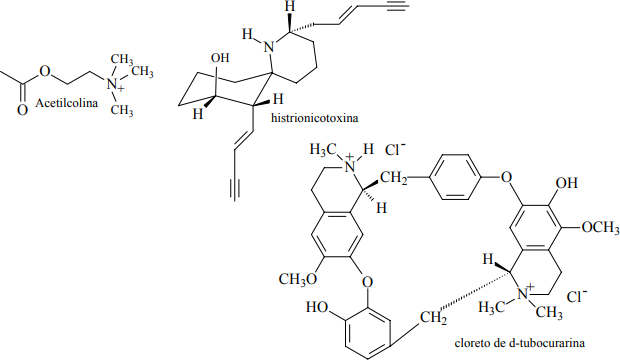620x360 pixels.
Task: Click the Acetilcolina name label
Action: click(x=66, y=103)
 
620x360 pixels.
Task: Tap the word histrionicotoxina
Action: click(x=314, y=118)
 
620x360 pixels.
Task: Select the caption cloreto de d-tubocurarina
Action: click(x=519, y=343)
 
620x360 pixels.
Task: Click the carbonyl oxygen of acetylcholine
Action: click(x=23, y=110)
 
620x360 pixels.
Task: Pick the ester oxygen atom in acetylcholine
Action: click(x=45, y=72)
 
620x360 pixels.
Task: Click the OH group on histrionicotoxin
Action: click(x=220, y=58)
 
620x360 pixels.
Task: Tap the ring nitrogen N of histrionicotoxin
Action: click(x=269, y=48)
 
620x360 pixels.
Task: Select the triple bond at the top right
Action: click(x=396, y=6)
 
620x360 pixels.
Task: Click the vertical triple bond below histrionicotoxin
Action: click(x=234, y=190)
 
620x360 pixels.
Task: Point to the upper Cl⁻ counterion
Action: click(x=395, y=150)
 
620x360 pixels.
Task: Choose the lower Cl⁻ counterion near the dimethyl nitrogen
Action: click(x=577, y=296)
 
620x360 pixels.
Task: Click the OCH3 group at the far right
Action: click(x=600, y=228)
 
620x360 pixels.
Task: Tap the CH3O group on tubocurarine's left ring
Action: click(x=298, y=279)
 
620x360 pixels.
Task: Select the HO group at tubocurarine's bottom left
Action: click(x=316, y=307)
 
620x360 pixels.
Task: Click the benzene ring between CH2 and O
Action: click(x=455, y=176)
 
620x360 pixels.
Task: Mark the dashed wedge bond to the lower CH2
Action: click(x=474, y=291)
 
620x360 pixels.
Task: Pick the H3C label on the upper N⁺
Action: click(x=323, y=150)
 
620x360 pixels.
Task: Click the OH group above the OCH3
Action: click(x=567, y=183)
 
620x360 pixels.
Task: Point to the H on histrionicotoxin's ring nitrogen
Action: click(x=248, y=34)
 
